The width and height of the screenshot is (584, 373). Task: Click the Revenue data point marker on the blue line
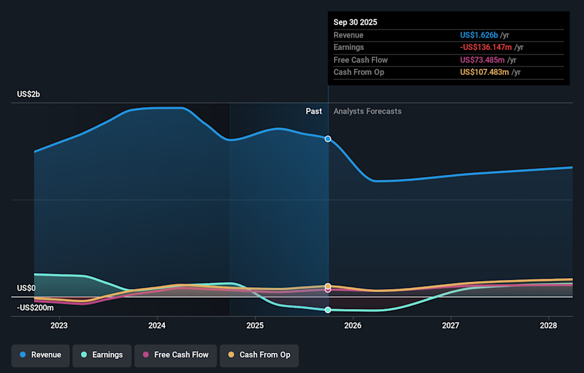pos(328,139)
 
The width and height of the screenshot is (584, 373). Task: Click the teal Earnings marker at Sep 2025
pos(328,310)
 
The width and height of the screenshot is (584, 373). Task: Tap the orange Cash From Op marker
pos(328,286)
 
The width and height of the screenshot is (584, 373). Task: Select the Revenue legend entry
pos(40,355)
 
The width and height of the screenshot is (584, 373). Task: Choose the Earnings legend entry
pos(100,355)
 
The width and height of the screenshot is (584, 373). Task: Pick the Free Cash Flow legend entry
pos(175,355)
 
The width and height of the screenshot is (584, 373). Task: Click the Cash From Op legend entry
pos(259,355)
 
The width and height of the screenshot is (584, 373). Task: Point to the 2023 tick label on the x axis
pos(59,326)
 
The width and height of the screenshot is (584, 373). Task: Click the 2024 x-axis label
pos(157,326)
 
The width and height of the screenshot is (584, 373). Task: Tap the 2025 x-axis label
pos(255,326)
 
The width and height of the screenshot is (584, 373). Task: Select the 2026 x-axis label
pos(353,326)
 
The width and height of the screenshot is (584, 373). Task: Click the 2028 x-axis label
pos(549,326)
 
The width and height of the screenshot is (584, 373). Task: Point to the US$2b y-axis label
pos(28,94)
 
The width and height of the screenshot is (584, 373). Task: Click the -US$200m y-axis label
pos(35,308)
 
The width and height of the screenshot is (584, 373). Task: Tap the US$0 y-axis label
pos(26,288)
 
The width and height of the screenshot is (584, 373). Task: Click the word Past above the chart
pos(314,111)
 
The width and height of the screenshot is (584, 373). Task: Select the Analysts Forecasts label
pos(367,111)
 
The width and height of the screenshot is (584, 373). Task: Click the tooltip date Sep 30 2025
pos(355,22)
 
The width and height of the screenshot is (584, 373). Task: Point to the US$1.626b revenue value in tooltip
pos(479,35)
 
